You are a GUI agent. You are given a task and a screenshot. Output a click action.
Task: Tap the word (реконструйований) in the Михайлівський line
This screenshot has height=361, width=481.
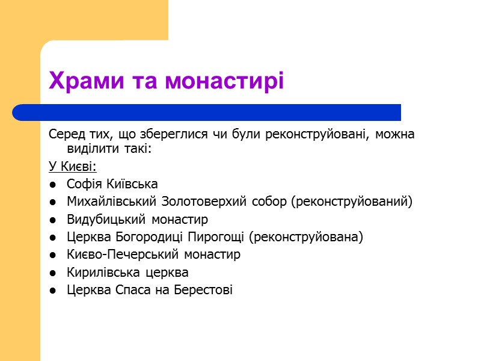[x=352, y=202]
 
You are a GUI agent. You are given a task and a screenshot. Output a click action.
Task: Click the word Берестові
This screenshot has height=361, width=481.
[x=203, y=290]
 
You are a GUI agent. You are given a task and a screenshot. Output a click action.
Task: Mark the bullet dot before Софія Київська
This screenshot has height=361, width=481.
[x=54, y=184]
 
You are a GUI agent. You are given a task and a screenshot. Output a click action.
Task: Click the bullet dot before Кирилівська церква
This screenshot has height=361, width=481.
[x=54, y=273]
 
